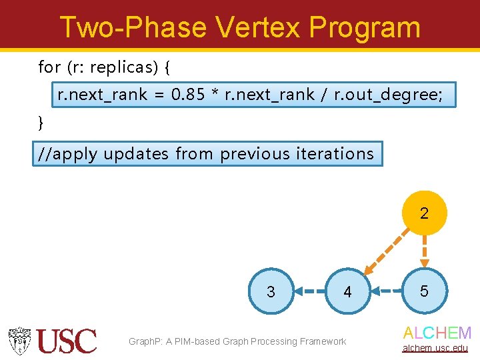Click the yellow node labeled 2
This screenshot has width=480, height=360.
tap(424, 213)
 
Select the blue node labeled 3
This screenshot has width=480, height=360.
tap(271, 291)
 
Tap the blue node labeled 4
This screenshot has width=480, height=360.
tap(347, 291)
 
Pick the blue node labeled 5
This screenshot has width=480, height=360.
tap(424, 291)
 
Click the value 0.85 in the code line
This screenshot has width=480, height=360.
tap(187, 95)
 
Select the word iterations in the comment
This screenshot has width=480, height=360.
tap(336, 153)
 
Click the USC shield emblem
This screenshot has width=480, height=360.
tap(20, 341)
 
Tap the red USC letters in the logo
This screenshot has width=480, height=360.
tap(67, 341)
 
